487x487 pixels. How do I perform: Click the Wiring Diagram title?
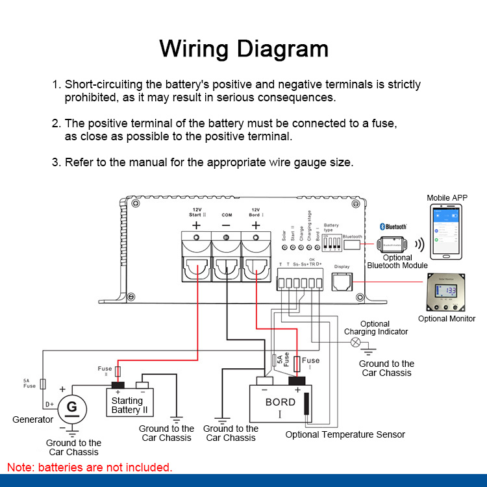243,49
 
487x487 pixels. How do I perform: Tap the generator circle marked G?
72,408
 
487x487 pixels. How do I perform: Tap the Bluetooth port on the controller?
353,245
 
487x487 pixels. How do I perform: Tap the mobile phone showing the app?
447,233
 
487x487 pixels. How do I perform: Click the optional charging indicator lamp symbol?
355,342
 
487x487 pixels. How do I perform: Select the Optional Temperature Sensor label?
345,434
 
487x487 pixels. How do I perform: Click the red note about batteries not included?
90,467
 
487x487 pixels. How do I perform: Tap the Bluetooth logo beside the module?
393,226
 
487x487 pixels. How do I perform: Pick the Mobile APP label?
447,197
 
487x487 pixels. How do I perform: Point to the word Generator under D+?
32,419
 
